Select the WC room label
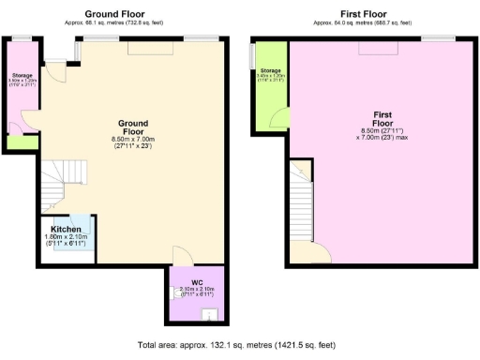pyautogui.click(x=197, y=281)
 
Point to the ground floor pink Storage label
pyautogui.click(x=22, y=75)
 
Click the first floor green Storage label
pyautogui.click(x=271, y=71)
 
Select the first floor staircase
pyautogui.click(x=301, y=204)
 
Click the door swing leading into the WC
pyautogui.click(x=183, y=255)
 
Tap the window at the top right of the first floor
pyautogui.click(x=433, y=37)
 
